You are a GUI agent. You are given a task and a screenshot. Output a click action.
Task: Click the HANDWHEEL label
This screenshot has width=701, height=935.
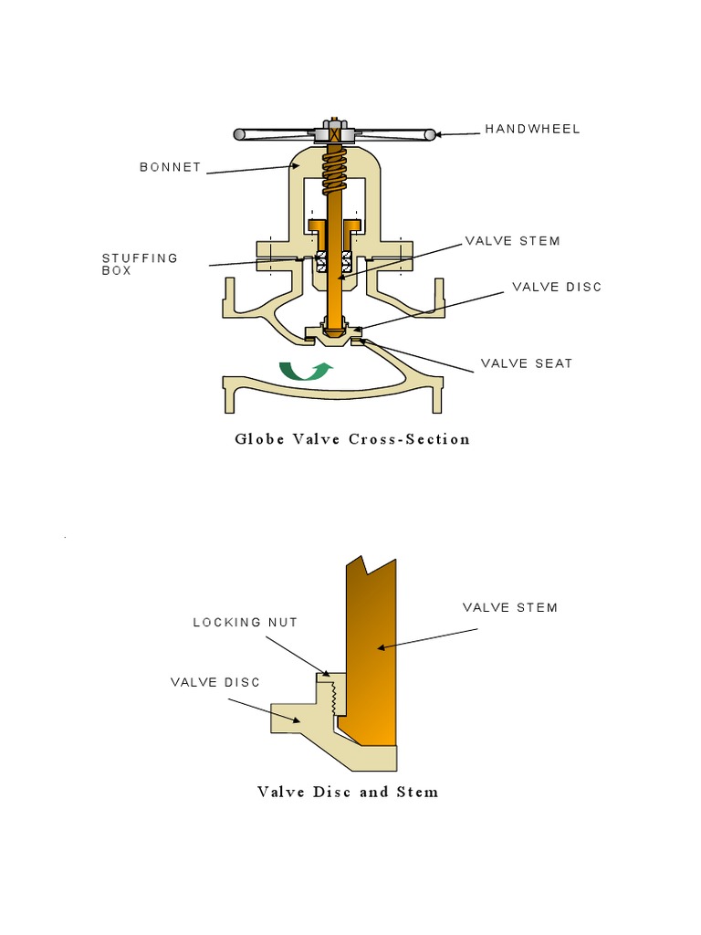532,129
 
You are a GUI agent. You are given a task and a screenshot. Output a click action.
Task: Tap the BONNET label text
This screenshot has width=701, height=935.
171,167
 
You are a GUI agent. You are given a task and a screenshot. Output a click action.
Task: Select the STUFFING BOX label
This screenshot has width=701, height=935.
140,264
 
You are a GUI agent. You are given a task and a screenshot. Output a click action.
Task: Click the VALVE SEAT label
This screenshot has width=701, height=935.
527,363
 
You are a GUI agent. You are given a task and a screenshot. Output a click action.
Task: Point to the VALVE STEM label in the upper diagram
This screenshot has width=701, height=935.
513,241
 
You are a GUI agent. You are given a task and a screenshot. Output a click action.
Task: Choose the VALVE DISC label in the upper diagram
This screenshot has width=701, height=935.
557,287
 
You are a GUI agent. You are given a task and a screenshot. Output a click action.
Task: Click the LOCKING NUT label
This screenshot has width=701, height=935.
245,622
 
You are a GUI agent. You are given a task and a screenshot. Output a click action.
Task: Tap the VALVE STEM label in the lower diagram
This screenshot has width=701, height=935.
510,607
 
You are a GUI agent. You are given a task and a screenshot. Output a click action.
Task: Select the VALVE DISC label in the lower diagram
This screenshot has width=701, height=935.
215,682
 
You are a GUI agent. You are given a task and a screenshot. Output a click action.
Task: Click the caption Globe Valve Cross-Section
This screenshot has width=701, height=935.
352,439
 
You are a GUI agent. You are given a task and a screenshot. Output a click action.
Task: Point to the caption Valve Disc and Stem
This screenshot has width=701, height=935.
348,792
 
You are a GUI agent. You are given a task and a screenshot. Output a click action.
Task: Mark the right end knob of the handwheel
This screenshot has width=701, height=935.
430,135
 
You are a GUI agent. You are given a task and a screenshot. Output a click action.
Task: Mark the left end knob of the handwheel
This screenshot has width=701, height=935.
239,134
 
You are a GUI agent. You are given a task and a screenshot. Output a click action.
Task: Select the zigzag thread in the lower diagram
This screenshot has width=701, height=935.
334,699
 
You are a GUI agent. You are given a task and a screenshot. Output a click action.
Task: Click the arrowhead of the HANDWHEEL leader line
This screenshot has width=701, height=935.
438,135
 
